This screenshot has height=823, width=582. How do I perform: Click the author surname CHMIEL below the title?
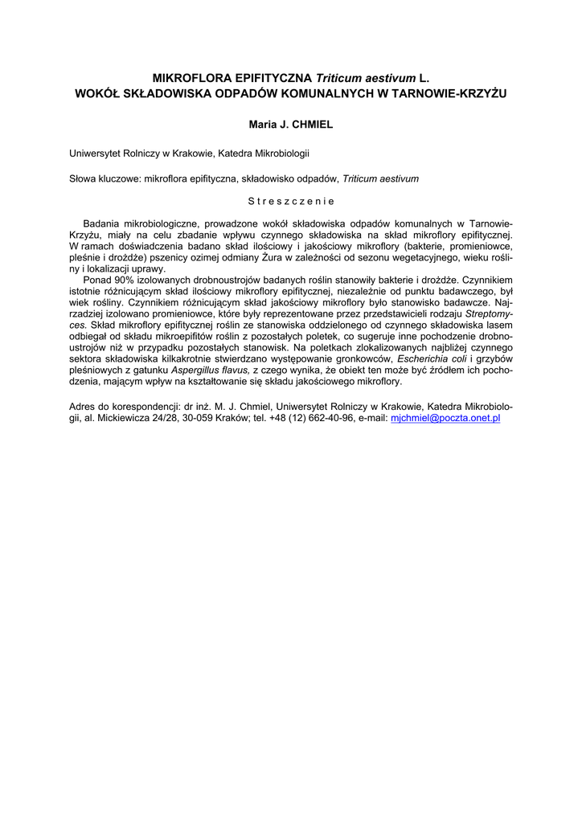(x=309, y=125)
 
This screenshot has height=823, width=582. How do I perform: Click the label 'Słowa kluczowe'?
(x=105, y=178)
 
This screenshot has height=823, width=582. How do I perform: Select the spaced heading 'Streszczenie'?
(x=290, y=201)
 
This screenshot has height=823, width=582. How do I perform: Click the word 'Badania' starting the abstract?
(x=102, y=223)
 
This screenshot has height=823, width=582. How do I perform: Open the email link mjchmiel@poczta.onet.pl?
(x=445, y=420)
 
